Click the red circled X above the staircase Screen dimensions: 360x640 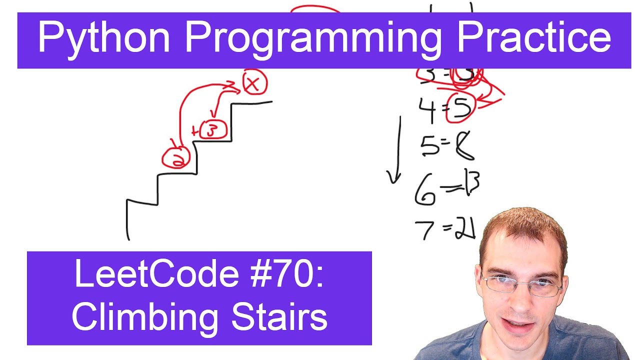(254, 84)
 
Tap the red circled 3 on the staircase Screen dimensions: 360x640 (213, 130)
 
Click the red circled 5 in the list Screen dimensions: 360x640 (459, 107)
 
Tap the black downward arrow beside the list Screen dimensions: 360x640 (397, 150)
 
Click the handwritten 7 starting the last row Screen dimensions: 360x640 (425, 229)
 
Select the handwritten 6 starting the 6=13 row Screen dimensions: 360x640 (425, 190)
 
